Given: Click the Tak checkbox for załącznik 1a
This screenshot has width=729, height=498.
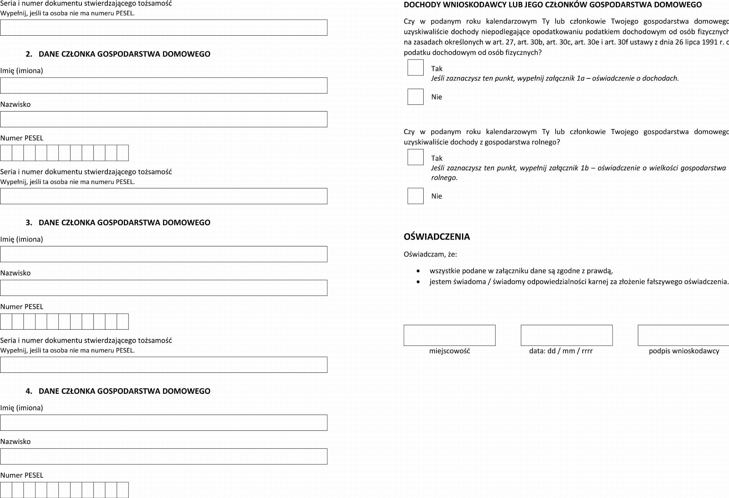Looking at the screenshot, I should [415, 68].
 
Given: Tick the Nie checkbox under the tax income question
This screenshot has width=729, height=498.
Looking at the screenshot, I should [415, 97].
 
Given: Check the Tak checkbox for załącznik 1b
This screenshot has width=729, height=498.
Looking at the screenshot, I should [415, 157].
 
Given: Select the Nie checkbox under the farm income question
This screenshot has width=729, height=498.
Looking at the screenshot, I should [415, 196].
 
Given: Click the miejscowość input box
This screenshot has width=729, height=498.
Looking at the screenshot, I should [449, 335].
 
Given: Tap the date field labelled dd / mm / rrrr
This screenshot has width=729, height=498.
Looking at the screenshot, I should [566, 335].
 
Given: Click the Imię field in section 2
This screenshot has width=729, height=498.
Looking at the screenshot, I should [164, 86].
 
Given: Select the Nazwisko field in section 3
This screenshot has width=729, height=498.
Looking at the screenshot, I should [164, 288].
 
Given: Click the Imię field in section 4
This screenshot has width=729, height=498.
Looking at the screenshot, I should [164, 422].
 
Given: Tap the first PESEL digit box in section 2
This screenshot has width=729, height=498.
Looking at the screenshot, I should [6, 153].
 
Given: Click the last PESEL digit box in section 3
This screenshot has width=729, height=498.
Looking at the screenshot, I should [122, 322].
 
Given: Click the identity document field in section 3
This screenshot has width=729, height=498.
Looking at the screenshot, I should [164, 365].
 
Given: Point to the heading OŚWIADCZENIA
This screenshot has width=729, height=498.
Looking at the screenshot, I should [436, 237].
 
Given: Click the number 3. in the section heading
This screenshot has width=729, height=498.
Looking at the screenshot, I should [29, 222].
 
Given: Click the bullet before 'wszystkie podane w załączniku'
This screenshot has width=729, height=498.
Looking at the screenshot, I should [418, 271].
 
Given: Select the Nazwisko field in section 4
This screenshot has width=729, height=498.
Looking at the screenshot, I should [164, 456].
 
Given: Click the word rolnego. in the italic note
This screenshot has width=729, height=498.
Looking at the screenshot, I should [444, 178].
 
